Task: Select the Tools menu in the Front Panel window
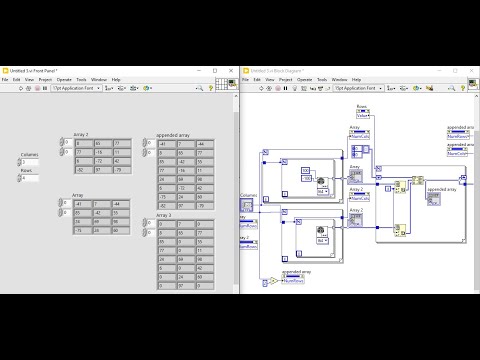coord(82,79)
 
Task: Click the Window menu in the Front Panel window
coord(99,79)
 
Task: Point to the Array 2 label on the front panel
coord(82,134)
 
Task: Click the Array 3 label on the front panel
coord(164,214)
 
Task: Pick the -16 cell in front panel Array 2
coord(102,152)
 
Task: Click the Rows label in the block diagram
coord(364,104)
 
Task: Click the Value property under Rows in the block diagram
coord(364,116)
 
